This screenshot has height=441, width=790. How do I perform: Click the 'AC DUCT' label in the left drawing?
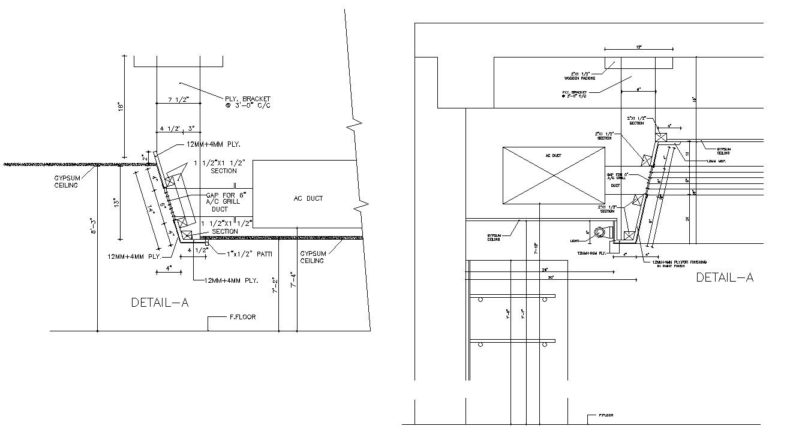pyautogui.click(x=308, y=198)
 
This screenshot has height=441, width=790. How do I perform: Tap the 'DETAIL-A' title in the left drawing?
pyautogui.click(x=160, y=303)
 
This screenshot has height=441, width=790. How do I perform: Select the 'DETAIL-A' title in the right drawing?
pyautogui.click(x=725, y=277)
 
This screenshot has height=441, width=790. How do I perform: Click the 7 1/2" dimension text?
pyautogui.click(x=178, y=99)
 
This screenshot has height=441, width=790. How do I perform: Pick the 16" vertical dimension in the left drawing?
pyautogui.click(x=121, y=107)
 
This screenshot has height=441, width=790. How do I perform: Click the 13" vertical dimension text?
pyautogui.click(x=116, y=202)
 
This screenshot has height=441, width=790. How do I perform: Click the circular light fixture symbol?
pyautogui.click(x=599, y=234)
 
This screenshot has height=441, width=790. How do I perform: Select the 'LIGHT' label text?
pyautogui.click(x=575, y=240)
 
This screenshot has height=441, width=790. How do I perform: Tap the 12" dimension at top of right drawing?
pyautogui.click(x=639, y=46)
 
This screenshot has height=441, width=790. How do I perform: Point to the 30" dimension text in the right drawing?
pyautogui.click(x=549, y=277)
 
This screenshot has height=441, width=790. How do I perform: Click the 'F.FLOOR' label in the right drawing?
pyautogui.click(x=605, y=415)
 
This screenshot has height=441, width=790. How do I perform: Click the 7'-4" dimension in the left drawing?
pyautogui.click(x=293, y=280)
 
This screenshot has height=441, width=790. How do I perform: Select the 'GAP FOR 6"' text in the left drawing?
pyautogui.click(x=226, y=195)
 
